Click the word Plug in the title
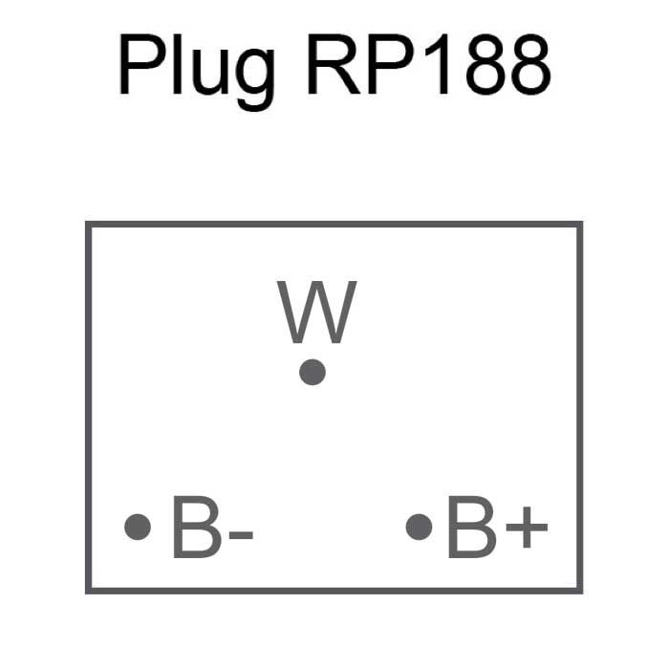pyautogui.click(x=196, y=69)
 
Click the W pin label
pyautogui.click(x=317, y=313)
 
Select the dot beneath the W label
pyautogui.click(x=313, y=372)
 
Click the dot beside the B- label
pyautogui.click(x=138, y=527)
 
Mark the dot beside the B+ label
pyautogui.click(x=419, y=527)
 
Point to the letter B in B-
pyautogui.click(x=195, y=527)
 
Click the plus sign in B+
pyautogui.click(x=527, y=529)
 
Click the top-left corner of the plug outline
pyautogui.click(x=88, y=225)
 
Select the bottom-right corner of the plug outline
pyautogui.click(x=579, y=590)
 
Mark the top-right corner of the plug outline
pyautogui.click(x=579, y=225)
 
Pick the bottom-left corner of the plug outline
pyautogui.click(x=88, y=590)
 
